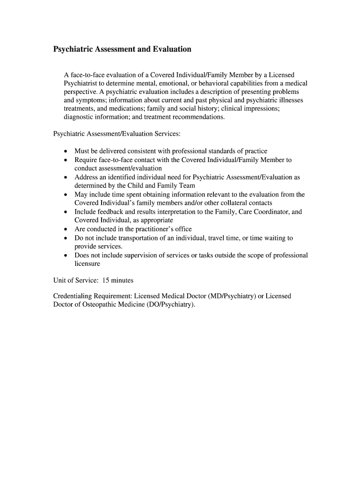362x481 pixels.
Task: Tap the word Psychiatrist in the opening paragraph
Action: [x=81, y=83]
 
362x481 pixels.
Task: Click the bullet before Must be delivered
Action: [x=66, y=151]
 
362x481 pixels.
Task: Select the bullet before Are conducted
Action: [x=66, y=229]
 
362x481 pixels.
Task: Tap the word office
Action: [x=182, y=229]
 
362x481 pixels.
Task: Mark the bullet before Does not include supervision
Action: [x=66, y=256]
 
